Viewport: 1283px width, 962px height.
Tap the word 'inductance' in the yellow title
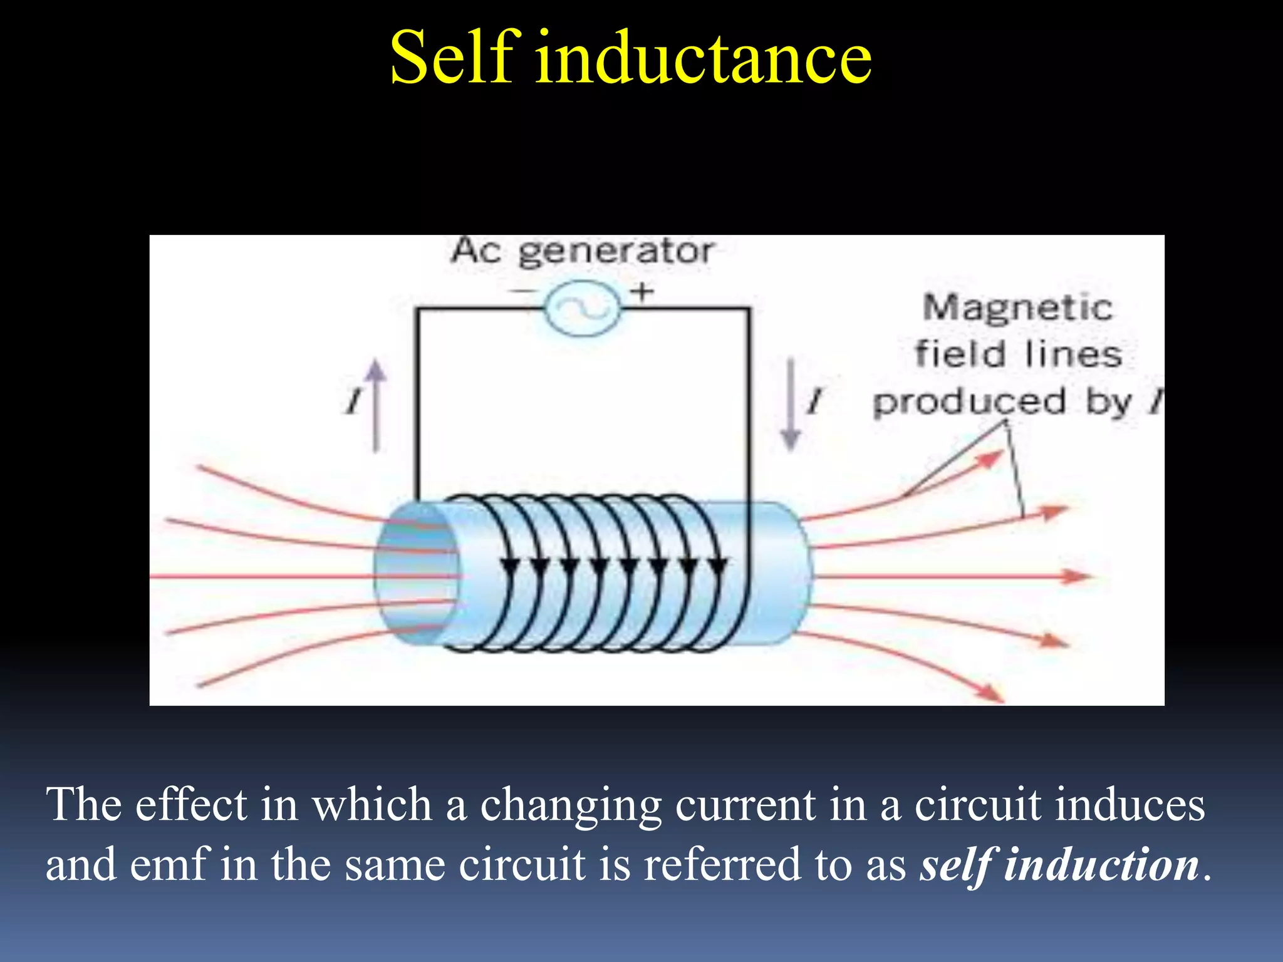703,58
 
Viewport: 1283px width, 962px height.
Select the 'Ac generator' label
582,252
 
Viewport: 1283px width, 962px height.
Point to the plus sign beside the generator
642,291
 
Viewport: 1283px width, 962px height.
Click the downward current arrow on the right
791,404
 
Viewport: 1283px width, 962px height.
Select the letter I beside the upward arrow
355,401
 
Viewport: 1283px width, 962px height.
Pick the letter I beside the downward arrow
814,401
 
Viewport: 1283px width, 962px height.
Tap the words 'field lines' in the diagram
1017,354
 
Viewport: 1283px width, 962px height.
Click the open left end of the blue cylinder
415,575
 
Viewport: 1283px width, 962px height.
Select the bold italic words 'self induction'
1059,864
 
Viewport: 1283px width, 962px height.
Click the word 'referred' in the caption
722,864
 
